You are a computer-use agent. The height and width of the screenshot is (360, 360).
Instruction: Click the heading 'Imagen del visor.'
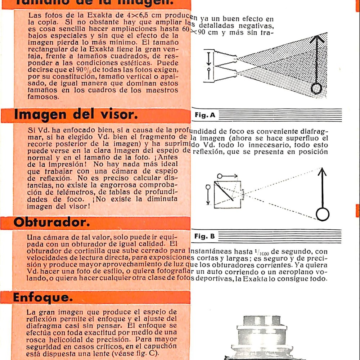[x=75, y=115]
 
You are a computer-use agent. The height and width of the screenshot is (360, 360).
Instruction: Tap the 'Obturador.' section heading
[x=51, y=223]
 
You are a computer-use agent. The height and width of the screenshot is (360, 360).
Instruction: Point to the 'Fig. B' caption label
[x=204, y=237]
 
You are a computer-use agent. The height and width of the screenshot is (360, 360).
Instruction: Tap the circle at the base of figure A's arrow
[x=316, y=89]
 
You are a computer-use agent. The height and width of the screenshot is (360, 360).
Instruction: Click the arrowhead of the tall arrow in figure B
[x=322, y=173]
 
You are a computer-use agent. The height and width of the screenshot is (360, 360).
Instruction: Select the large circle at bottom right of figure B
[x=322, y=215]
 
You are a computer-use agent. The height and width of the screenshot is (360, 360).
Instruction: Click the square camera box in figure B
[x=228, y=194]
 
